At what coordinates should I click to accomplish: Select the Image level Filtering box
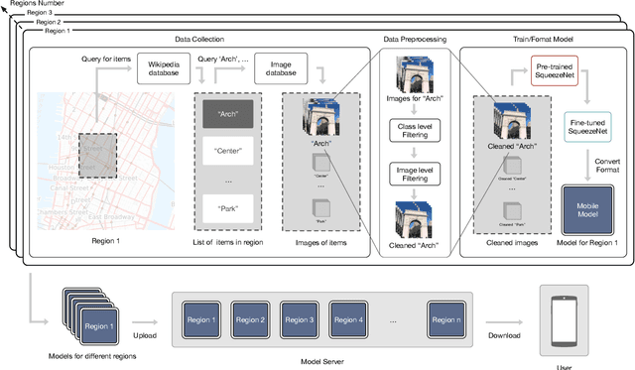point(416,175)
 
